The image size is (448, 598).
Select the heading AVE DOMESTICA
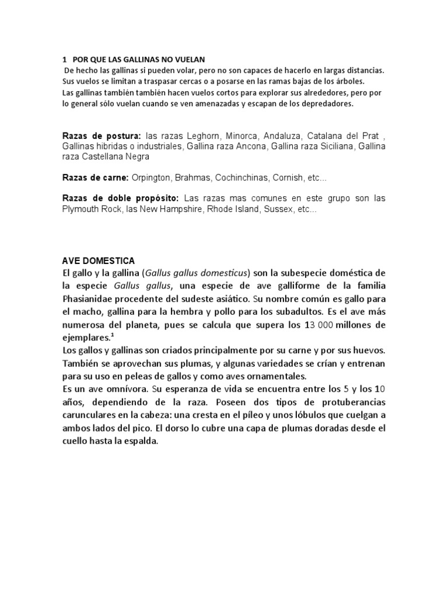tap(99, 260)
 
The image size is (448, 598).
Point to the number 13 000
tap(323, 325)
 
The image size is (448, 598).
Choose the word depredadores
tap(327, 104)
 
